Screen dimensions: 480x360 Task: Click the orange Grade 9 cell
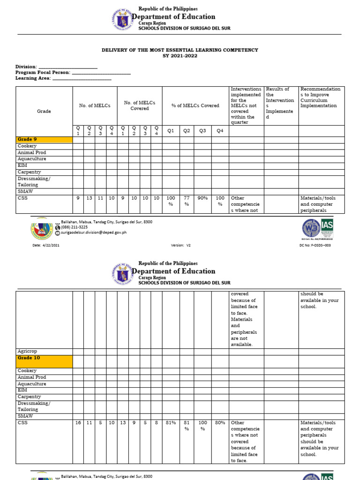coord(44,140)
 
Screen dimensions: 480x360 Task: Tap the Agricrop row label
coord(27,351)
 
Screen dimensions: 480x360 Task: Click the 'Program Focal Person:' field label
coord(43,73)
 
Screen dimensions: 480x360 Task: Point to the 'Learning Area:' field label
coord(33,78)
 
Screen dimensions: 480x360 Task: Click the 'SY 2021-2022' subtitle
coord(180,56)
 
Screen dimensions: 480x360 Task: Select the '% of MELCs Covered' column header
coord(195,106)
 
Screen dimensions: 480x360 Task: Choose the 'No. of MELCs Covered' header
coord(139,105)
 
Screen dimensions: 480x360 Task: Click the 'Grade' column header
coord(44,112)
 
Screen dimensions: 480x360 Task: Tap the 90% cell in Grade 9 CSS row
coord(202,198)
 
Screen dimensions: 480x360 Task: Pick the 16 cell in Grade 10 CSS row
coord(78,423)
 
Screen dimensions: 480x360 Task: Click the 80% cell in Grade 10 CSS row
coord(219,423)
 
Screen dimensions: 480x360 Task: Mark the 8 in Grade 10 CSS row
coord(156,423)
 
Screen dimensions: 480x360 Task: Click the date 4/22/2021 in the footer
coord(46,245)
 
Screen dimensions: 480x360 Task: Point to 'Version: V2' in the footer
coord(181,245)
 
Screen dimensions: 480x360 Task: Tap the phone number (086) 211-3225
coord(74,227)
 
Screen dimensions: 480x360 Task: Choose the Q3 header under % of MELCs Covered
coord(202,131)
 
